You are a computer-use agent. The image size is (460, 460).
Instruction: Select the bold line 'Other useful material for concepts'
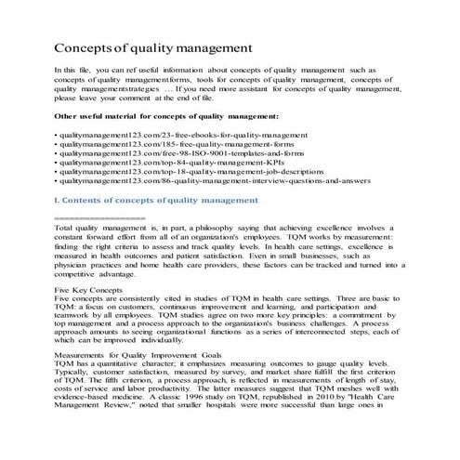166,116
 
